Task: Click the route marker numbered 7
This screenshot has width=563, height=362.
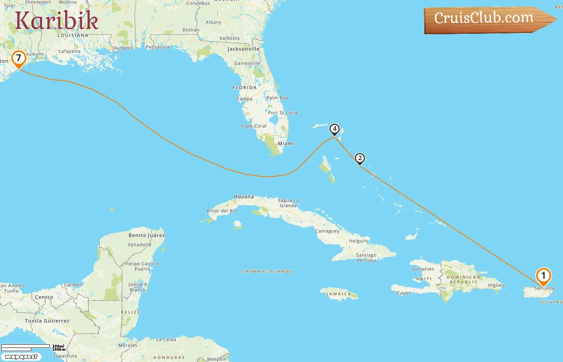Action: (18, 59)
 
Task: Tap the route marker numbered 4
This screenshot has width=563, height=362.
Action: (334, 129)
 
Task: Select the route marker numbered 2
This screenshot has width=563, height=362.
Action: (360, 158)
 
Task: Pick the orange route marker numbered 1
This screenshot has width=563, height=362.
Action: (543, 276)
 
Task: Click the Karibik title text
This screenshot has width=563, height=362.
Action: (57, 21)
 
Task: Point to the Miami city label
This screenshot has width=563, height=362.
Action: (286, 144)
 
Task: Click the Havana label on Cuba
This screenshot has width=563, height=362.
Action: (244, 197)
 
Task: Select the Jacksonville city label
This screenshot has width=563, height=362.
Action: (243, 49)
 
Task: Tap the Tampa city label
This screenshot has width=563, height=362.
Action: (245, 99)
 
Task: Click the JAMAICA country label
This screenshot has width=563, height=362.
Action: (339, 294)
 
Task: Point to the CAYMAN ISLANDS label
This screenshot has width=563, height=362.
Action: (267, 271)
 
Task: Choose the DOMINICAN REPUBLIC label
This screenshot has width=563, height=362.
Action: (464, 280)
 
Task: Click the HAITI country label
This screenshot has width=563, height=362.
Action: (423, 279)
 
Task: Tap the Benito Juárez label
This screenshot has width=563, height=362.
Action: (146, 235)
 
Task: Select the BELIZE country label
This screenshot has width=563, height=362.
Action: (130, 312)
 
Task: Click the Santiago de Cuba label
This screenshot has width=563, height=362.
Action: (366, 257)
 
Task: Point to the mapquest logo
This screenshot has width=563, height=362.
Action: (21, 357)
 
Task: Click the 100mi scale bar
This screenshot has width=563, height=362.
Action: (26, 346)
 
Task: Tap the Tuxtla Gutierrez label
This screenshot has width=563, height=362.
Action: (47, 321)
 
